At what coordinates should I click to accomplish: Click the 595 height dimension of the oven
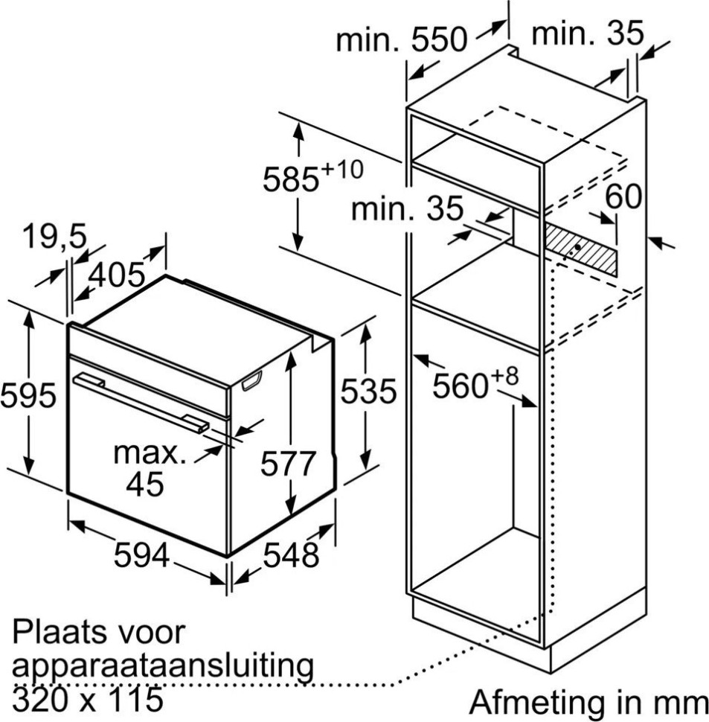point(28,395)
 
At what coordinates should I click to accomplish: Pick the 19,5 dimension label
point(54,238)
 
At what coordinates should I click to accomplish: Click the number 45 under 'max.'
point(144,485)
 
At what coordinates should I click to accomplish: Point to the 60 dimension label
point(623,198)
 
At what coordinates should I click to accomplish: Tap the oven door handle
point(141,402)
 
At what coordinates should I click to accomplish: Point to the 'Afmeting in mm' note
point(588,702)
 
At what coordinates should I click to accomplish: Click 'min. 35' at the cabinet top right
point(588,33)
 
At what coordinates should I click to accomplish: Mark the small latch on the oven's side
point(252,381)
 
